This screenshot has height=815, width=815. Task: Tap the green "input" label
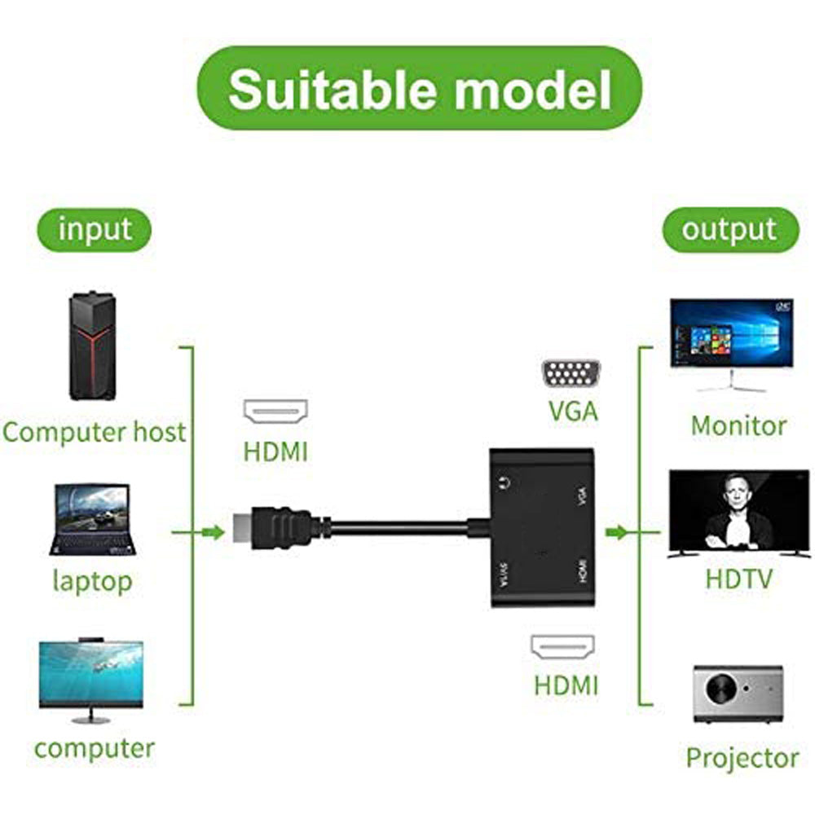[x=94, y=229]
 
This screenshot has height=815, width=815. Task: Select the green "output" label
[x=729, y=229]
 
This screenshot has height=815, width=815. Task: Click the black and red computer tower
[x=92, y=346]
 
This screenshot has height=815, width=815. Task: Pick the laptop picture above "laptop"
[x=92, y=520]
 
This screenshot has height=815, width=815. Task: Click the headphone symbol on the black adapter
[x=502, y=482]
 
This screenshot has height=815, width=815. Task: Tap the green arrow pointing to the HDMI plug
[x=212, y=533]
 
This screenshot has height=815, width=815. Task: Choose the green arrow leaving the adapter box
[x=617, y=533]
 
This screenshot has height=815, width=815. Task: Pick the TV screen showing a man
[x=739, y=513]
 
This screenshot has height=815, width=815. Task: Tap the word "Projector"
[x=742, y=758]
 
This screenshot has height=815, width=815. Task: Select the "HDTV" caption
[x=738, y=579]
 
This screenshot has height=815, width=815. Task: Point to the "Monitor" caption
[x=738, y=425]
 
